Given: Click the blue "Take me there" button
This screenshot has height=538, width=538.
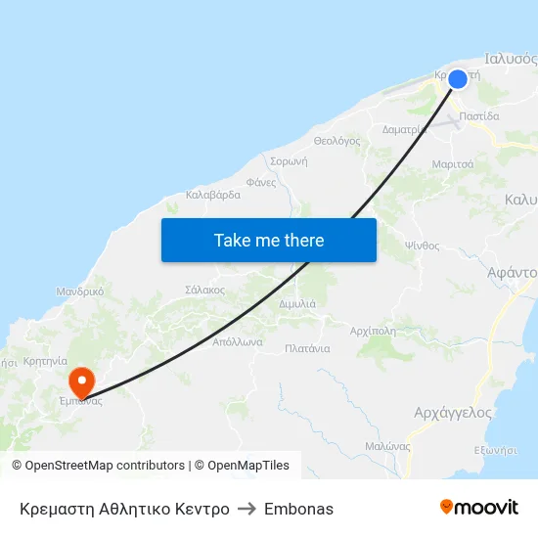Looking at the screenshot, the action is click(x=269, y=240).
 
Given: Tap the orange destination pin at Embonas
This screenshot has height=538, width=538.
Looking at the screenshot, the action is click(x=80, y=379).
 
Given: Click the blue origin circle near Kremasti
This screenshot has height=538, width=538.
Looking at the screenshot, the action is click(x=457, y=79).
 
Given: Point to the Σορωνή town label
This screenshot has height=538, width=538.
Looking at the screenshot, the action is click(x=289, y=161).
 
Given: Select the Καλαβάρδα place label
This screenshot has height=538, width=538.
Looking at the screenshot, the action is click(x=213, y=195).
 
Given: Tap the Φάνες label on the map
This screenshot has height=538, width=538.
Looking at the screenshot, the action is click(x=261, y=182).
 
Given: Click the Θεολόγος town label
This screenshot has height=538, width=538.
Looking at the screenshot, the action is click(x=336, y=141).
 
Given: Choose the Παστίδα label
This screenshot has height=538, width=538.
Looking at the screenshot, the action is click(x=479, y=115).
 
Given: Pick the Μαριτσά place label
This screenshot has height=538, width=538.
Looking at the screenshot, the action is click(x=453, y=163).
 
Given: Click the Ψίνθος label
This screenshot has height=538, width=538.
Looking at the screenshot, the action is click(x=423, y=246).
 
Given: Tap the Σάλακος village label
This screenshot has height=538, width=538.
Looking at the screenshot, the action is click(x=205, y=291).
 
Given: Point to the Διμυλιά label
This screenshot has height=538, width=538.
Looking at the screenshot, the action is click(x=296, y=304).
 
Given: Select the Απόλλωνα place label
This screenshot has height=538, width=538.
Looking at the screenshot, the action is click(x=238, y=342).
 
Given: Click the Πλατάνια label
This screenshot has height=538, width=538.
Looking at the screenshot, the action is click(x=307, y=348).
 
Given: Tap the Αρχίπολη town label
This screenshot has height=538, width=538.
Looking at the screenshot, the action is click(x=373, y=331).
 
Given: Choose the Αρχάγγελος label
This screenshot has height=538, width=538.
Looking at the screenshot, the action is click(x=453, y=413).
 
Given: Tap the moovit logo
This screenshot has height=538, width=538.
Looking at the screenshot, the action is click(x=479, y=508).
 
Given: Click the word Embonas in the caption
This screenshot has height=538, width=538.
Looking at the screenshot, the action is click(x=298, y=509).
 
